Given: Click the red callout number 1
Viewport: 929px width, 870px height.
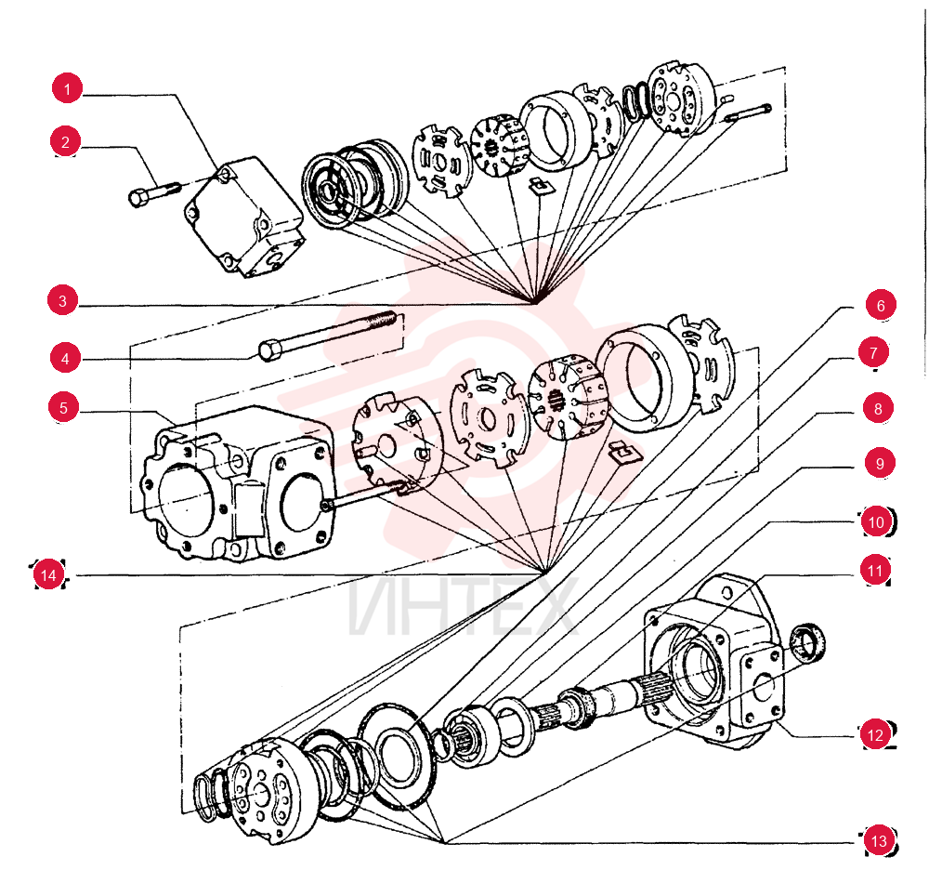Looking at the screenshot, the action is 67,88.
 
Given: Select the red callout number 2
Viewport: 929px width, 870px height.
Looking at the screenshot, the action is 65,141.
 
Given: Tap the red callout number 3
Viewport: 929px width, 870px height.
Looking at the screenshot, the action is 63,300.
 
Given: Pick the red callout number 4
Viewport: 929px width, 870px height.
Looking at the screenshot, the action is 65,358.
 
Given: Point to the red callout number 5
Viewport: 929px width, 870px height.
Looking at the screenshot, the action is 63,408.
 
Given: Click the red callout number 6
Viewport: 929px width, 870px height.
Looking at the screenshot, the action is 881,305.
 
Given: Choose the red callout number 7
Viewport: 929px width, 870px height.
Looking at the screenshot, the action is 873,352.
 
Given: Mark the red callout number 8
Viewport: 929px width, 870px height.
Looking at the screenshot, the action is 878,408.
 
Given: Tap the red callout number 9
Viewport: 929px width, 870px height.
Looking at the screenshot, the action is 879,463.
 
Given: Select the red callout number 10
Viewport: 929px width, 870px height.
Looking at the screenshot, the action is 876,522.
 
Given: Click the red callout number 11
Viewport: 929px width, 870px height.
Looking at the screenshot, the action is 875,570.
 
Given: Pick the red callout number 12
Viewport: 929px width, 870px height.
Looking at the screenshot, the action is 875,735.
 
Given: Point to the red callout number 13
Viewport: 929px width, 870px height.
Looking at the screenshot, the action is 879,840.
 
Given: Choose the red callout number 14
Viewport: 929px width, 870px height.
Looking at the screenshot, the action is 48,574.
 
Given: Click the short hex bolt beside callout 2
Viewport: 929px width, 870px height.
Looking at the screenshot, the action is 153,193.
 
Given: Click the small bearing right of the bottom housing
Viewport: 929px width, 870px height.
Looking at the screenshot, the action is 808,642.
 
